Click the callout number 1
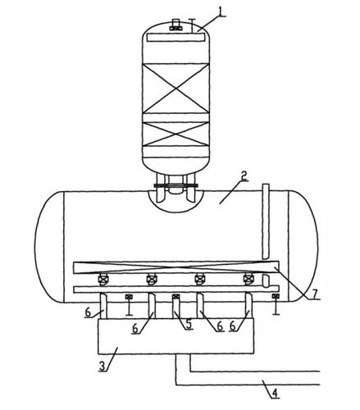pyautogui.click(x=221, y=11)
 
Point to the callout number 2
pyautogui.click(x=244, y=175)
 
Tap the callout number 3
pyautogui.click(x=102, y=366)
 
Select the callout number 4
pyautogui.click(x=275, y=394)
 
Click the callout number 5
pyautogui.click(x=189, y=324)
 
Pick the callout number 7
pyautogui.click(x=315, y=294)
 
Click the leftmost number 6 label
pyautogui.click(x=88, y=312)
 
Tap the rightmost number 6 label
pyautogui.click(x=233, y=326)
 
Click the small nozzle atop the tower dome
pyautogui.click(x=175, y=25)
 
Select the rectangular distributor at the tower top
pyautogui.click(x=175, y=37)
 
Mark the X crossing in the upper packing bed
pyautogui.click(x=175, y=88)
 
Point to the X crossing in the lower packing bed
pyautogui.click(x=175, y=134)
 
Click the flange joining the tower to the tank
pyautogui.click(x=175, y=185)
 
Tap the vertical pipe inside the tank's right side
pyautogui.click(x=266, y=221)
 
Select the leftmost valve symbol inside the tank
pyautogui.click(x=103, y=280)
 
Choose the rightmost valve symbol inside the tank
pyautogui.click(x=248, y=280)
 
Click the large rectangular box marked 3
pyautogui.click(x=176, y=336)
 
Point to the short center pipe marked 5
pyautogui.click(x=175, y=306)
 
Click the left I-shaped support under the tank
pyautogui.click(x=129, y=305)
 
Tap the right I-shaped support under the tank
pyautogui.click(x=276, y=304)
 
